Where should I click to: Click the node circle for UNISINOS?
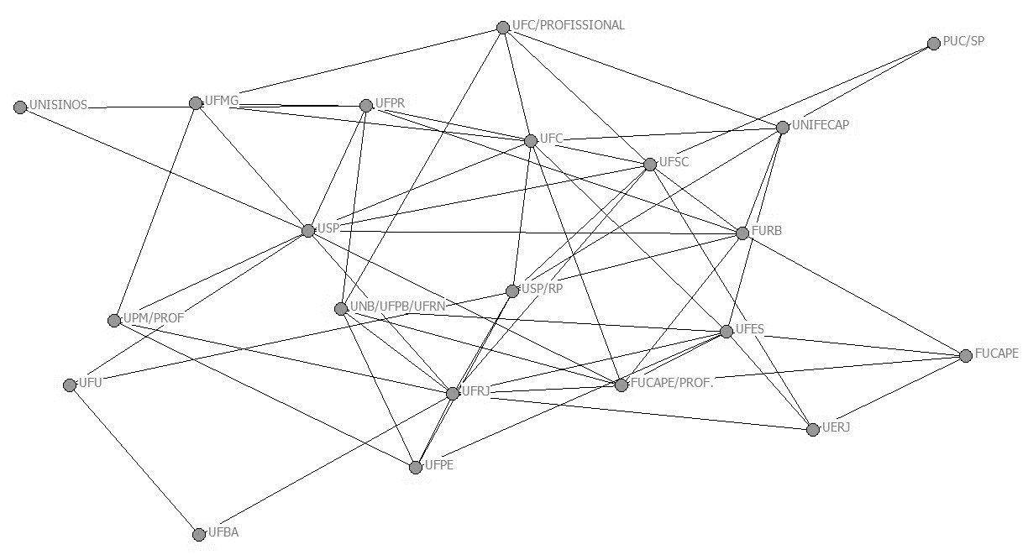click(x=20, y=107)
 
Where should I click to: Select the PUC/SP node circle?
click(x=934, y=44)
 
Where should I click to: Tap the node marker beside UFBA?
click(x=199, y=534)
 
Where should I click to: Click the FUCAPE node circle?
click(x=966, y=356)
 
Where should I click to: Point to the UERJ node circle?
click(x=812, y=430)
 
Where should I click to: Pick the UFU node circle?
click(x=70, y=385)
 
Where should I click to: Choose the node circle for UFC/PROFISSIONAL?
click(x=503, y=28)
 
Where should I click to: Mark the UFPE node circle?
click(x=416, y=467)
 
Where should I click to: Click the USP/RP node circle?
click(x=512, y=291)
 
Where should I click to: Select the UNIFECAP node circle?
click(x=783, y=128)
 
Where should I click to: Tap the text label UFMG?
click(x=222, y=102)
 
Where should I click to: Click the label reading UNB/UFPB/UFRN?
click(x=397, y=306)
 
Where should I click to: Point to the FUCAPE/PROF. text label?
click(x=671, y=383)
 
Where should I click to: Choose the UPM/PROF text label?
click(x=153, y=318)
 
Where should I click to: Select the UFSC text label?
click(x=674, y=162)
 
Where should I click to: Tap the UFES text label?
click(x=749, y=328)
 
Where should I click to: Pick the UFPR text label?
click(x=391, y=103)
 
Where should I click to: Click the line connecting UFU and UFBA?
click(x=134, y=460)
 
